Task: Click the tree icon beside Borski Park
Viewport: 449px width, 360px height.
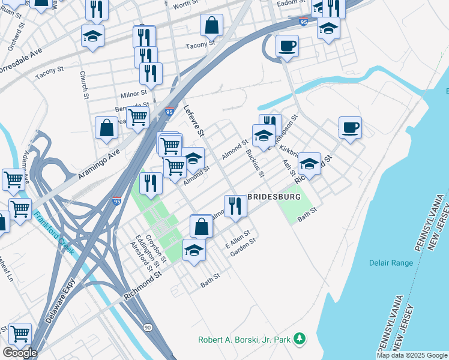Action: pos(300,340)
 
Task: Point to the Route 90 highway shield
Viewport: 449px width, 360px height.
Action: pos(148,327)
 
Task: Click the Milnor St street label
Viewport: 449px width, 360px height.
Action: pos(134,94)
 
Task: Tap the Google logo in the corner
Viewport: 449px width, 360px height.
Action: pos(20,353)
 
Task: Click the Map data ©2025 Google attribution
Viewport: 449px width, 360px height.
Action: pos(411,355)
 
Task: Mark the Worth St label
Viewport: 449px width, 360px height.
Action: pos(185,5)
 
